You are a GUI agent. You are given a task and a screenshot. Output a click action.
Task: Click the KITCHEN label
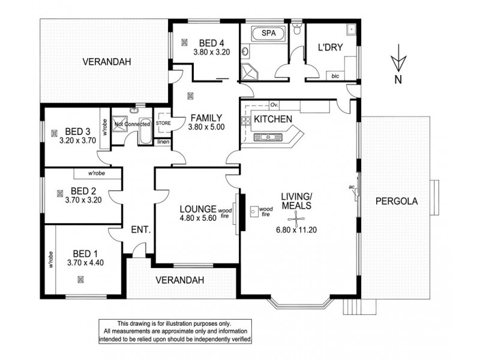[272, 119]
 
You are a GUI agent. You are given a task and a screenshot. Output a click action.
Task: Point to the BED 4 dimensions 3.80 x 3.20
[211, 52]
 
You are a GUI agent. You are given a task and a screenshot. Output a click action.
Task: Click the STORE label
[163, 124]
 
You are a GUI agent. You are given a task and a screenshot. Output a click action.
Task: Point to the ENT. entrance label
[140, 229]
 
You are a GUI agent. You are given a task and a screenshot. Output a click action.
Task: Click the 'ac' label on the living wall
[352, 187]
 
